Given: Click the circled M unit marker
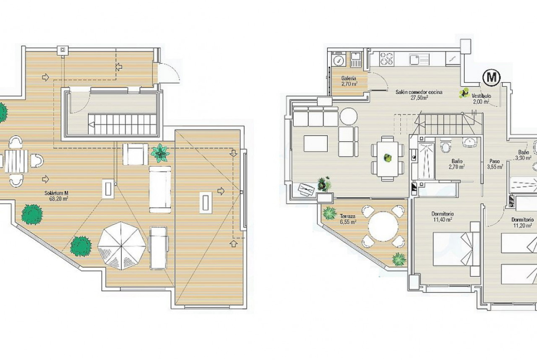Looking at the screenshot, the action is [492, 78].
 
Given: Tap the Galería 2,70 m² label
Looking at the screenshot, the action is [349, 81].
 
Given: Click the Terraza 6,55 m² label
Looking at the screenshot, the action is [348, 219].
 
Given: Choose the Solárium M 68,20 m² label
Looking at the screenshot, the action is [56, 195].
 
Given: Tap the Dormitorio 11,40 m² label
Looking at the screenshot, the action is [442, 216].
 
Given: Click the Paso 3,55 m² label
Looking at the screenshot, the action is [495, 164].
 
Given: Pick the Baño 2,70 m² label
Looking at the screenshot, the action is [457, 164].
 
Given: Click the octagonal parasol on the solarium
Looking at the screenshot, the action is [121, 246].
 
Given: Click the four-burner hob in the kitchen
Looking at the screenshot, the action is [386, 59].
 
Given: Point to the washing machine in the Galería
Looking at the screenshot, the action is [339, 60].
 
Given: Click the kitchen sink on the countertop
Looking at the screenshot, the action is [419, 59].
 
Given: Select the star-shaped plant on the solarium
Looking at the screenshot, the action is [160, 153].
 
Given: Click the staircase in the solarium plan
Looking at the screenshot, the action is [123, 124].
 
